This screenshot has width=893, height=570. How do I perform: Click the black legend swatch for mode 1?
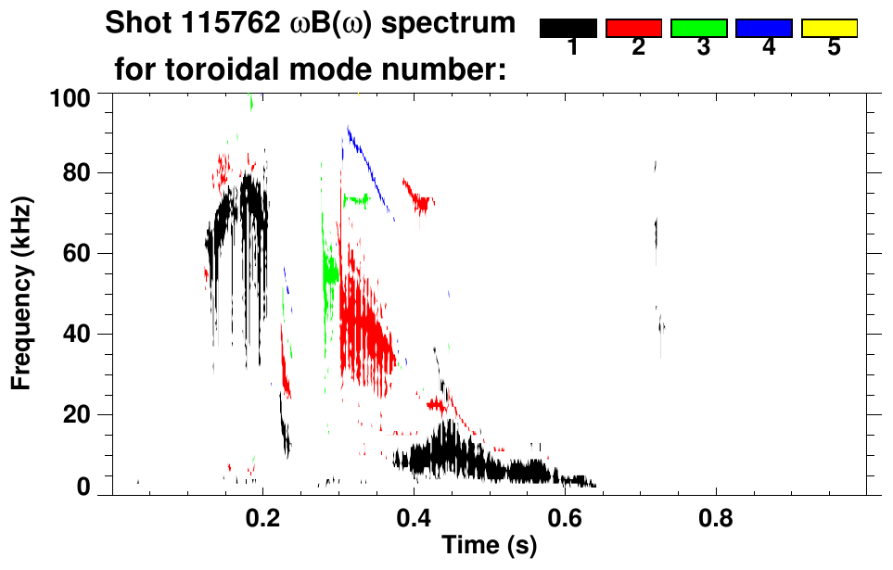coord(568,29)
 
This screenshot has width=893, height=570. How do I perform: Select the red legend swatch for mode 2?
coord(633,29)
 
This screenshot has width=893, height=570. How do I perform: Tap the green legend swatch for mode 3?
coord(699,29)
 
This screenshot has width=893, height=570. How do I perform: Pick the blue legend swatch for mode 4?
coord(764,29)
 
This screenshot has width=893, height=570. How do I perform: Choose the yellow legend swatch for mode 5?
coord(829,29)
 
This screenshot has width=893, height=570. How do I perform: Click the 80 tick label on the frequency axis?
coord(78,173)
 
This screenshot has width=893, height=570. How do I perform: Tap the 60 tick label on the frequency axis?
coord(78,254)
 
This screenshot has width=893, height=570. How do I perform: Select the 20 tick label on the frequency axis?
coord(78,414)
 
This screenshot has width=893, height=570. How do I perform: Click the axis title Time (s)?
coord(489,546)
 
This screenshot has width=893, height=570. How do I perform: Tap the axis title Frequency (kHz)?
coord(24,292)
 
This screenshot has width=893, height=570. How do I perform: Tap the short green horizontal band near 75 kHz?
coord(355,198)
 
